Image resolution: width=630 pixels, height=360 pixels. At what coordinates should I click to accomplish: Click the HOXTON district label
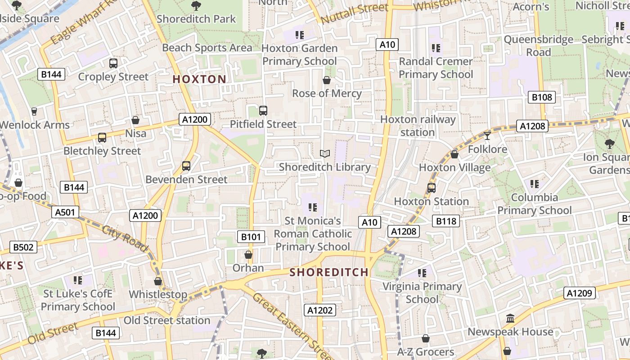pos(199,79)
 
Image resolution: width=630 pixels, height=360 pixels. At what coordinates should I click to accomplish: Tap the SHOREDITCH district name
pos(329,272)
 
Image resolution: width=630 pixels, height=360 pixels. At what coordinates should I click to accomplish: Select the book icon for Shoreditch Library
pos(325,154)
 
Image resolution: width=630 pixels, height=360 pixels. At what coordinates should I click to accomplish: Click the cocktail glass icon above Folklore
pos(487,135)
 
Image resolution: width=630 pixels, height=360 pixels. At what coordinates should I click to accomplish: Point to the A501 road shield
pos(65,212)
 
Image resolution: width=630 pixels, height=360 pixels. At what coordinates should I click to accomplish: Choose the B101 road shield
pos(251,236)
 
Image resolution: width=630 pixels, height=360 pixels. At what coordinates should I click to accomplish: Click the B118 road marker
pos(446,221)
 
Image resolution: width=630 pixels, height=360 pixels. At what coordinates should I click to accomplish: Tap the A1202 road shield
pos(320,310)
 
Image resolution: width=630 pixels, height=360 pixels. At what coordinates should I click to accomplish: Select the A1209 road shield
pos(580,293)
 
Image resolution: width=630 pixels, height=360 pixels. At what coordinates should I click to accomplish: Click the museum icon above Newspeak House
pos(510,319)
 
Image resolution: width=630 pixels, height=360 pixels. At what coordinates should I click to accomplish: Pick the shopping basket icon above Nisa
pos(135,120)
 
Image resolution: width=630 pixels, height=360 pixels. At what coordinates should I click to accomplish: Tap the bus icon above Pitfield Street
pos(263,110)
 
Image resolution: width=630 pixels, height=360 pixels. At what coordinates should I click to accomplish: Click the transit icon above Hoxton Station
pos(431,188)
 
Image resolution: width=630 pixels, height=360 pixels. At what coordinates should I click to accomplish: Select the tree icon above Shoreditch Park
pos(196,6)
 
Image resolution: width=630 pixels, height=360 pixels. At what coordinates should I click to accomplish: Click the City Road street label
pos(125,238)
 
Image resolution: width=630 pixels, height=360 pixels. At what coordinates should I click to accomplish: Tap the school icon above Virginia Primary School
pos(422,273)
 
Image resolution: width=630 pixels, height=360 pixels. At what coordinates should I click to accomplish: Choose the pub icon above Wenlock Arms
pos(34,111)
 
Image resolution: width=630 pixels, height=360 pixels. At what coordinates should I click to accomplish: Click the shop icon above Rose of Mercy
pos(327,80)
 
